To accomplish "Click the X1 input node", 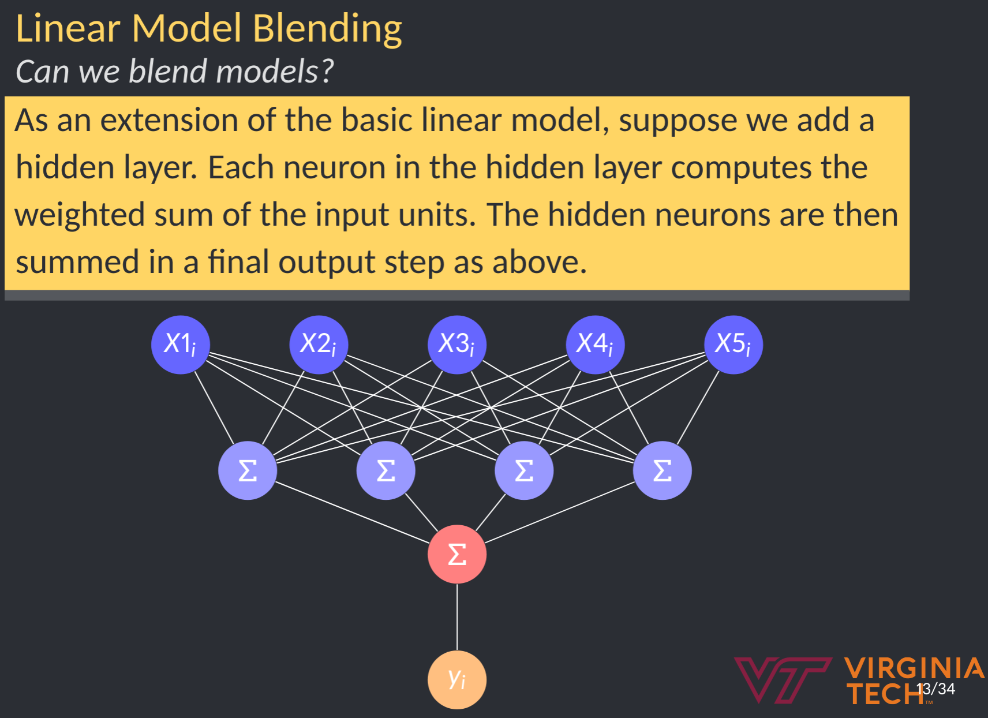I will pos(180,345).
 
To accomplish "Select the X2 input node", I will pos(319,345).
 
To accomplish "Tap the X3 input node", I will pos(456,345).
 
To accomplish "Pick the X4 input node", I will pos(595,345).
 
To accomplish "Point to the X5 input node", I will pos(733,345).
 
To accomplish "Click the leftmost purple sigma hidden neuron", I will pos(248,470).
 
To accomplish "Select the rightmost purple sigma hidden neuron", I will pos(662,470).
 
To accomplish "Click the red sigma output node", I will pos(456,554).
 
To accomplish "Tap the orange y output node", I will pos(456,679).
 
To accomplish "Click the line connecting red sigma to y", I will pos(456,616).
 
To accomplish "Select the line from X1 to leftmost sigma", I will pos(214,407).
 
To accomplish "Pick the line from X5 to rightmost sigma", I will pos(698,407).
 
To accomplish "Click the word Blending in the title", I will pos(327,29).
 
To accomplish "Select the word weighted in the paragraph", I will pos(80,215).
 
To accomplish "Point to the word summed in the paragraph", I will pos(77,262).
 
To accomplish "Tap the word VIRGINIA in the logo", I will pos(914,669).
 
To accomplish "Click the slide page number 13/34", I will pos(936,689).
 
